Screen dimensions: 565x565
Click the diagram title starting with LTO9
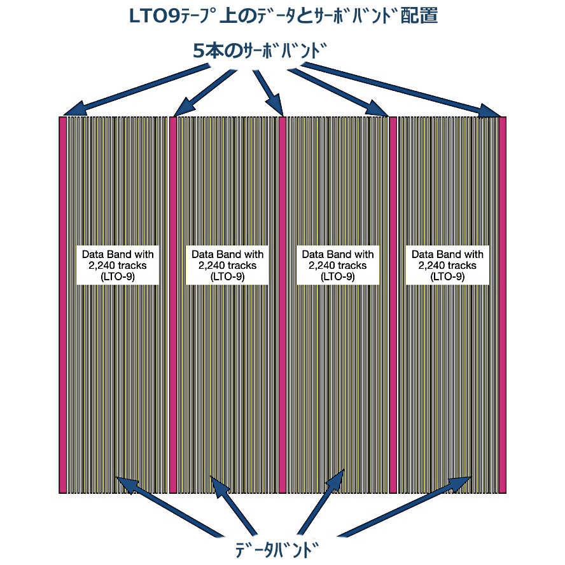[283, 17]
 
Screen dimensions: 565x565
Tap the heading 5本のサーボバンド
[261, 51]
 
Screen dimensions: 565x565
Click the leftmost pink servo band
[62, 305]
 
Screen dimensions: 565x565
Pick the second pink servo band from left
[172, 305]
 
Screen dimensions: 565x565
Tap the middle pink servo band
[282, 305]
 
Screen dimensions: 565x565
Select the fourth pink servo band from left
[393, 305]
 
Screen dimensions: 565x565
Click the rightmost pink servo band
[502, 305]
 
